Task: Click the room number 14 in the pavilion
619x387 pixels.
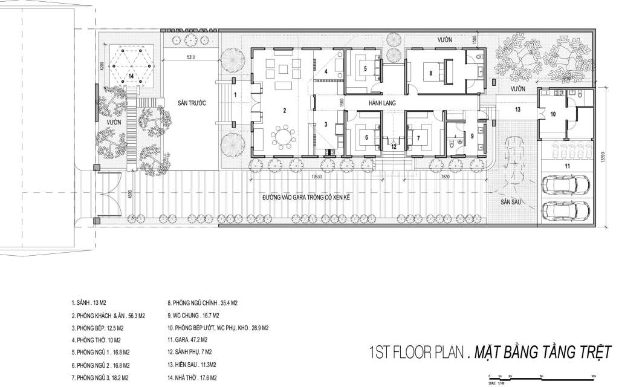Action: pos(130,76)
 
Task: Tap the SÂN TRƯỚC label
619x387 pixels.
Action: pos(192,104)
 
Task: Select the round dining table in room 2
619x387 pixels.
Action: pos(283,136)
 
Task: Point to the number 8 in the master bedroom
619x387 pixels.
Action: pos(430,73)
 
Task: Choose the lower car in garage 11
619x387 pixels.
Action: pos(567,210)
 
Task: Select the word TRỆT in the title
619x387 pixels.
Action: pos(589,351)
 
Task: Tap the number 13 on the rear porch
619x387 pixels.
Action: pos(517,110)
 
